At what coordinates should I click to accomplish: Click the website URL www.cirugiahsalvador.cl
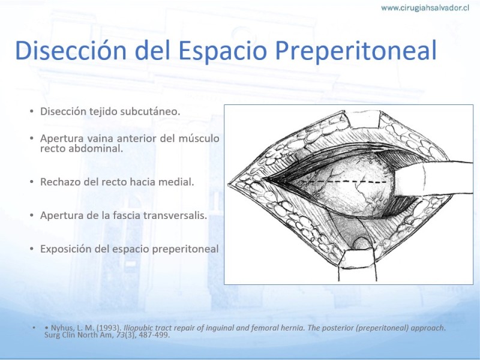[425, 8]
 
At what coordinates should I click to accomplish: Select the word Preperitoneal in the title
[356, 51]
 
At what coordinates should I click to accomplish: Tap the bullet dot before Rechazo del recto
[32, 182]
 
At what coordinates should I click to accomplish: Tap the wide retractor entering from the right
[431, 179]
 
